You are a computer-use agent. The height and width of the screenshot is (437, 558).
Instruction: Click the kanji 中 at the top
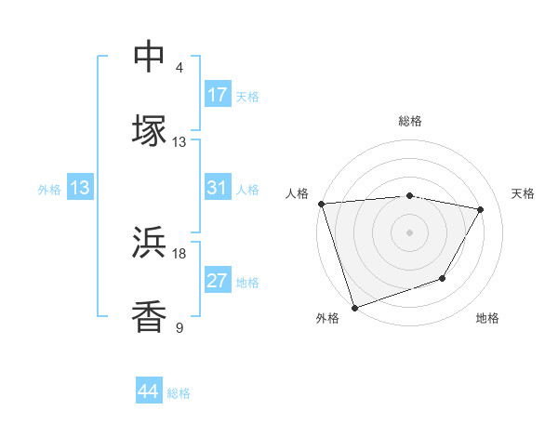pos(150,56)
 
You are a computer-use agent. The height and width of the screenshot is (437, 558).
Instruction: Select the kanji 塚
pos(150,130)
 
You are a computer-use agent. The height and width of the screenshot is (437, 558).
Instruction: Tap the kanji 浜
pos(150,243)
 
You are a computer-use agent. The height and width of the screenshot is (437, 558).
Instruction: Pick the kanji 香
pos(150,316)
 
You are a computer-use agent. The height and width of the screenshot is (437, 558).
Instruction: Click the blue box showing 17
pos(218,95)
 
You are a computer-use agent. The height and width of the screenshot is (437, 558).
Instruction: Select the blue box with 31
pos(218,189)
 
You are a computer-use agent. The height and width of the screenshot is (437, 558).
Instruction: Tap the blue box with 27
pos(218,282)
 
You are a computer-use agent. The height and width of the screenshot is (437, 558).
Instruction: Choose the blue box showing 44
pos(149,391)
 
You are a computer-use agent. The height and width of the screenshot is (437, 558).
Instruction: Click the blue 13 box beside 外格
pos(80,189)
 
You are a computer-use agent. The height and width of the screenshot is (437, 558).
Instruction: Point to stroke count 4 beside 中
pos(179,68)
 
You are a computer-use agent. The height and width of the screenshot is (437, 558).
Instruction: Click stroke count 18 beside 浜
pos(179,253)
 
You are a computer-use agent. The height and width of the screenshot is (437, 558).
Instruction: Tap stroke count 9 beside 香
pos(179,327)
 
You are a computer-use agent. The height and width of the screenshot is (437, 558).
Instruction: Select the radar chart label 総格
pos(410,121)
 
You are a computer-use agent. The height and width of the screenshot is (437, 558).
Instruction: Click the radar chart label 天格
pos(524,193)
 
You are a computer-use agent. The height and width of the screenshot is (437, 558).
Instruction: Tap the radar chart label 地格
pos(487,319)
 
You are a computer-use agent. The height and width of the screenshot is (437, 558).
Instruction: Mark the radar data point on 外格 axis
pos(354,307)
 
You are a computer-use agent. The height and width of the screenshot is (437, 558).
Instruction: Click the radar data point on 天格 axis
pos(481,209)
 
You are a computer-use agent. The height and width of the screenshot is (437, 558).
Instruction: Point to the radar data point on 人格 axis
pos(321,204)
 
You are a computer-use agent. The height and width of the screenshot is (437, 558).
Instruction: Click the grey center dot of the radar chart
pos(410,232)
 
